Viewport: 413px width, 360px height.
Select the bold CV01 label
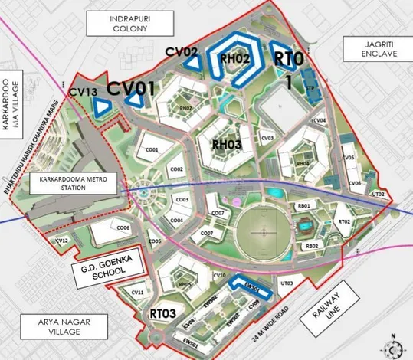click(x=131, y=87)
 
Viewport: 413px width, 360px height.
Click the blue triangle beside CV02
click(x=195, y=65)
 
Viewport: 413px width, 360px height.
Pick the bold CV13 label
click(x=83, y=92)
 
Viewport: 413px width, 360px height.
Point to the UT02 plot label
click(x=377, y=195)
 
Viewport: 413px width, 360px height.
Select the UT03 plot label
click(x=287, y=284)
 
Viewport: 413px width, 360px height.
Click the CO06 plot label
click(x=123, y=228)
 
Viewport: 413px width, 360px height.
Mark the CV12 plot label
click(x=63, y=241)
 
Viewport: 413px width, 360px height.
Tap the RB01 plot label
click(x=303, y=206)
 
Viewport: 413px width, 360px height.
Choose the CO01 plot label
click(x=152, y=149)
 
